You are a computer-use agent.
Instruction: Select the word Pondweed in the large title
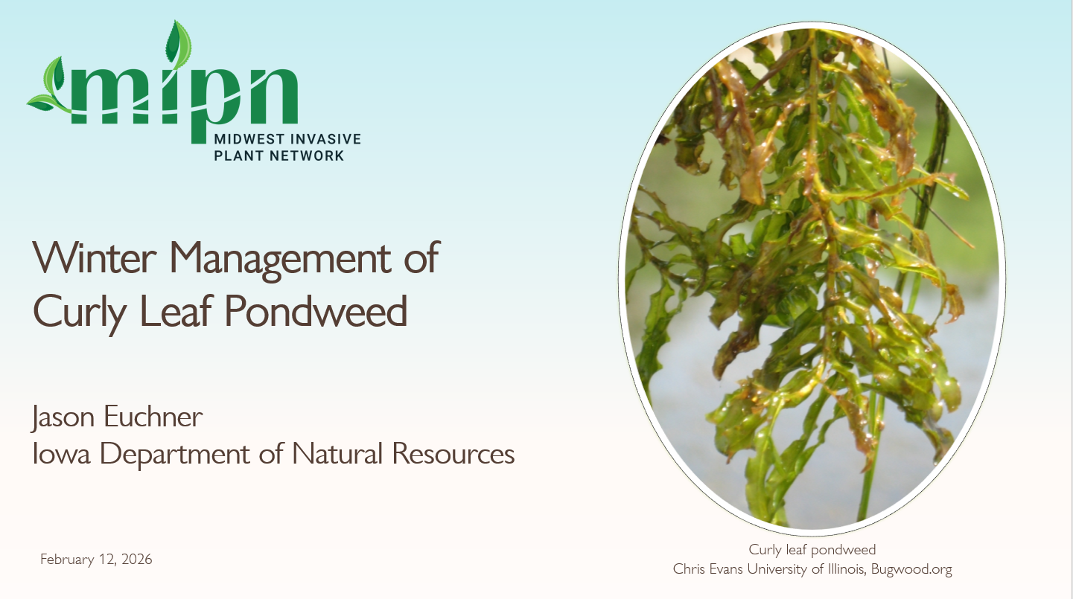[x=316, y=311]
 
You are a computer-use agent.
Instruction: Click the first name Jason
[x=62, y=417]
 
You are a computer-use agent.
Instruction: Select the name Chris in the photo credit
[x=689, y=569]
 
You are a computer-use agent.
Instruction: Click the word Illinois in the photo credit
[x=839, y=569]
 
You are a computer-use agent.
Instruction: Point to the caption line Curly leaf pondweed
[x=812, y=550]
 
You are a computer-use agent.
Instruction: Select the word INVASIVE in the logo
[x=325, y=140]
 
